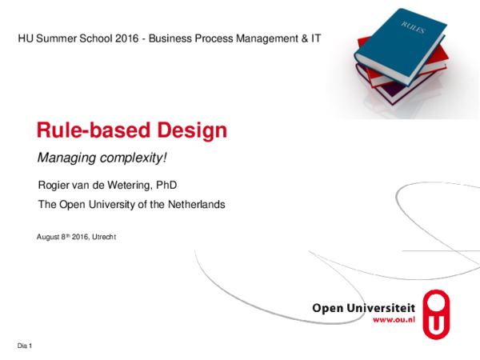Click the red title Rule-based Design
[x=132, y=130]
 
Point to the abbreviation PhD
[x=165, y=185]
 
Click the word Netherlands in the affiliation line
[x=196, y=205]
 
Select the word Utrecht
[x=105, y=238]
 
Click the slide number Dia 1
[x=24, y=345]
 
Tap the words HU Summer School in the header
[x=59, y=38]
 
